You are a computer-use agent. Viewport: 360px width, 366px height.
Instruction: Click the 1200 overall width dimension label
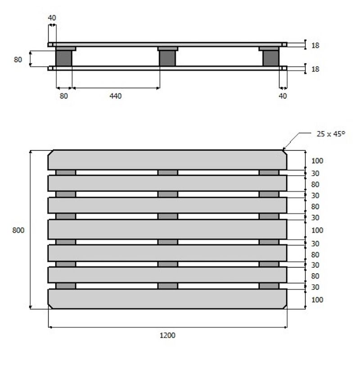(x=167, y=335)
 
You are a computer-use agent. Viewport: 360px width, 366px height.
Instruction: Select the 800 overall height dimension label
(x=18, y=230)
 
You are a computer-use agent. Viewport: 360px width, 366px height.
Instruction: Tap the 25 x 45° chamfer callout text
(x=331, y=134)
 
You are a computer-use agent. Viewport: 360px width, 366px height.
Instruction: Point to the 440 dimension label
(x=116, y=96)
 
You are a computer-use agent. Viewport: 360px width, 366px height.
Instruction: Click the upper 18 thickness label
(x=315, y=45)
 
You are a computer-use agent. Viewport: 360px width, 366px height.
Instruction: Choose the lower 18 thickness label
(x=315, y=69)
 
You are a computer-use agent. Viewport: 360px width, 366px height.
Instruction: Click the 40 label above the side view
(x=52, y=18)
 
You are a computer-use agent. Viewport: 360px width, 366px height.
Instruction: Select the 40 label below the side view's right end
(x=283, y=96)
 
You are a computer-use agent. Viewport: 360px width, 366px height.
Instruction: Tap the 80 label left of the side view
(x=18, y=59)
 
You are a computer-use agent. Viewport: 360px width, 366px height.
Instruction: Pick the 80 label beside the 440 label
(x=63, y=96)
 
